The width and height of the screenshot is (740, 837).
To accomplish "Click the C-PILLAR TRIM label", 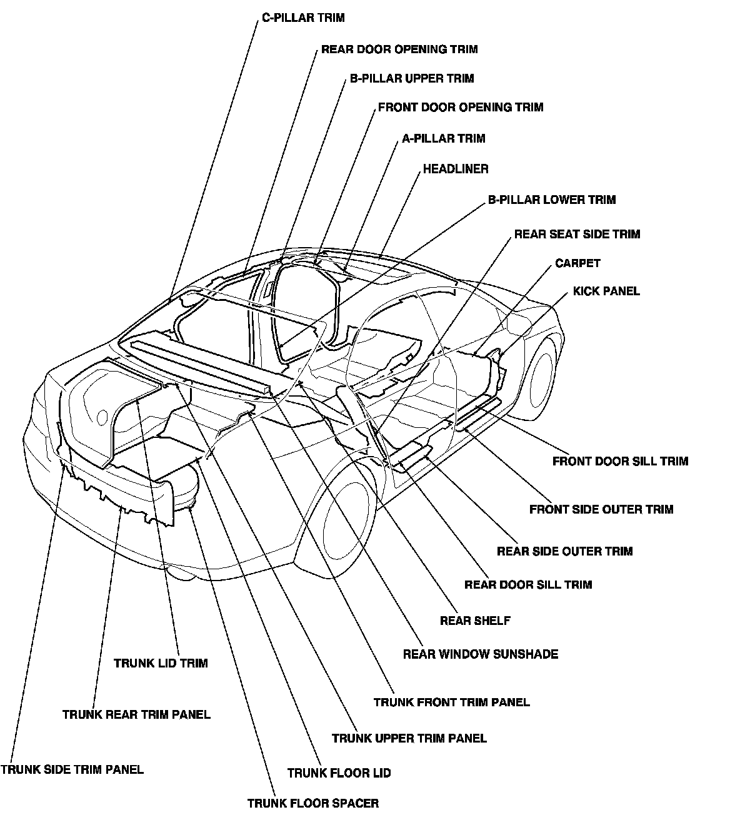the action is tap(303, 18).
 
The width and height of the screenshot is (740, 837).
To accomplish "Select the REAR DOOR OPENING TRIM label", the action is tap(399, 49).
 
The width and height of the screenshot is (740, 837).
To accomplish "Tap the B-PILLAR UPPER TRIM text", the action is tap(412, 78).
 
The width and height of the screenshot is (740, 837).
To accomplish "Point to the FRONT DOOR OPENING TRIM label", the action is tap(461, 108).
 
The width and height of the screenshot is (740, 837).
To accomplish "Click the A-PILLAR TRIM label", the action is tap(444, 138).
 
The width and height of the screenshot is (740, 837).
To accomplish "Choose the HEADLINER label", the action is tap(456, 169).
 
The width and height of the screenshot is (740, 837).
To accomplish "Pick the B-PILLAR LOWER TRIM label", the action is tap(552, 200).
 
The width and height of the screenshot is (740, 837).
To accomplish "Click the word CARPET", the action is tap(577, 263).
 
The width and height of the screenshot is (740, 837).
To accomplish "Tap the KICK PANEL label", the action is tap(606, 292).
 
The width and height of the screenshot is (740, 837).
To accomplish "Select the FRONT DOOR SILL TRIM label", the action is tap(620, 461).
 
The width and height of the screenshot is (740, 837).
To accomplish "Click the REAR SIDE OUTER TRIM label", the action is tap(564, 551).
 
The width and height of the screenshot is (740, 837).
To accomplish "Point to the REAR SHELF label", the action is tap(475, 621).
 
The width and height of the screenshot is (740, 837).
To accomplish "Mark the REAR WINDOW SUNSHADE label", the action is tap(481, 654).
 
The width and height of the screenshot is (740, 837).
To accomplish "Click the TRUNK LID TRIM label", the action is tap(161, 663).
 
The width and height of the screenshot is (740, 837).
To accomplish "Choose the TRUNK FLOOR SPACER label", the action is tap(313, 804).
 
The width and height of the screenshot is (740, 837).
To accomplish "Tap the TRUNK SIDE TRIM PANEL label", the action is tap(72, 769).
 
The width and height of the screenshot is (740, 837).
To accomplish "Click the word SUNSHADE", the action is tap(526, 654).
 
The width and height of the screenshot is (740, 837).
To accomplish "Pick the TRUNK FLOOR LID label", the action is tap(339, 773).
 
